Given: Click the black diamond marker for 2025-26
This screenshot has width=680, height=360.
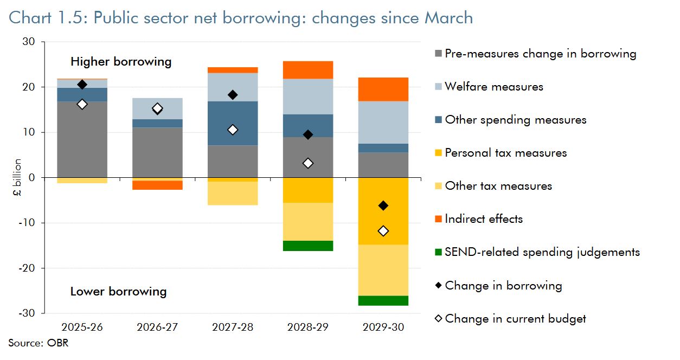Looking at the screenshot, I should (x=82, y=84).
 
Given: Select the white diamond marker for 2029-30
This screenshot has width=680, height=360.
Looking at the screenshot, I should (x=383, y=231).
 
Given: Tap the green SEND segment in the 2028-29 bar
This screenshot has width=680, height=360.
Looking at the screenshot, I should (x=308, y=246).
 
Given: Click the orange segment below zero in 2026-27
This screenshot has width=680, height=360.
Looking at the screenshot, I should (x=157, y=185).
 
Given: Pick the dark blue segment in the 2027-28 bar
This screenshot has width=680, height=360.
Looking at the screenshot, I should (x=233, y=123).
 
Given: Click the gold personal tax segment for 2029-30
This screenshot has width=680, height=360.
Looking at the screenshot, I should (x=383, y=211).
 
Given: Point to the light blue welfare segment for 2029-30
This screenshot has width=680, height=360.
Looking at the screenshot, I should (x=383, y=123).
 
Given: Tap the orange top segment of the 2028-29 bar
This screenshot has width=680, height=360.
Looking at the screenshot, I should (x=308, y=70).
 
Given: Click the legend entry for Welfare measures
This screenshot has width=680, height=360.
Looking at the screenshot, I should (x=493, y=87).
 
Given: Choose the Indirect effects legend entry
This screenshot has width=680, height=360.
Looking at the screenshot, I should (x=483, y=219).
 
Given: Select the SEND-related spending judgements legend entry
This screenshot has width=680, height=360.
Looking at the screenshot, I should (x=542, y=252).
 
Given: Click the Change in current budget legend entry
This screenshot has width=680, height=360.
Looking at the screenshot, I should (x=515, y=319).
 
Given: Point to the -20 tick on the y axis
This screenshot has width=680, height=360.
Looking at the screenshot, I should (x=28, y=268).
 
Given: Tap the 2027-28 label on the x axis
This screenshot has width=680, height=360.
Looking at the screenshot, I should (x=233, y=327).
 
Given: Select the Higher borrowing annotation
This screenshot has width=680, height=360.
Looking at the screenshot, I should (x=120, y=62).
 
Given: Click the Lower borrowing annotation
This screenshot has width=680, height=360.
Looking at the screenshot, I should (x=118, y=292).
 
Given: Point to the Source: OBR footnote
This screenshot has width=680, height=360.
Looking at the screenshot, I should (x=39, y=343).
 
